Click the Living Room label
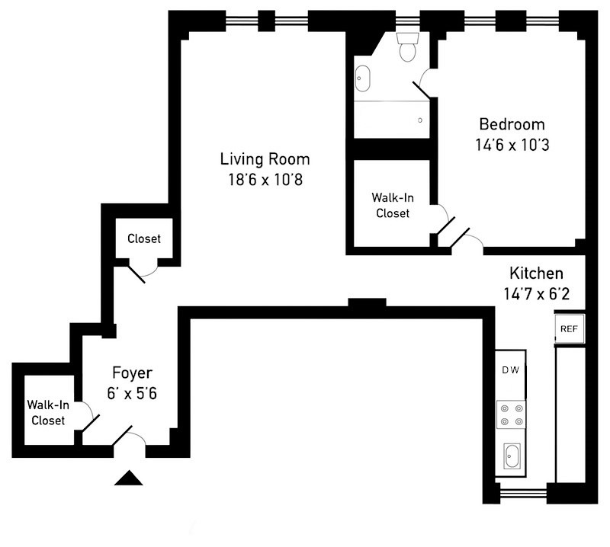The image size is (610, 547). click(265, 159)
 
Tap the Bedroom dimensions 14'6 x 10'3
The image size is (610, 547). click(512, 143)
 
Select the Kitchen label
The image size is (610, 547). click(536, 273)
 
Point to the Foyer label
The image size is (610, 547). click(132, 373)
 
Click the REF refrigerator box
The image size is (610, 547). click(569, 329)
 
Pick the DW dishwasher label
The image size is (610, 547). click(510, 371)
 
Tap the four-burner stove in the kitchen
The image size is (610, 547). click(510, 414)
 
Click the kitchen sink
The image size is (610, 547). click(511, 457)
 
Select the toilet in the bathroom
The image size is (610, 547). click(407, 48)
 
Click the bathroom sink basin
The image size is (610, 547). click(362, 78)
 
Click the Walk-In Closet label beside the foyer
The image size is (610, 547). click(47, 412)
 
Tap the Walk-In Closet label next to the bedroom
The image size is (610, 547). click(391, 205)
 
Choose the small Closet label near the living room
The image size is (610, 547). click(144, 238)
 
